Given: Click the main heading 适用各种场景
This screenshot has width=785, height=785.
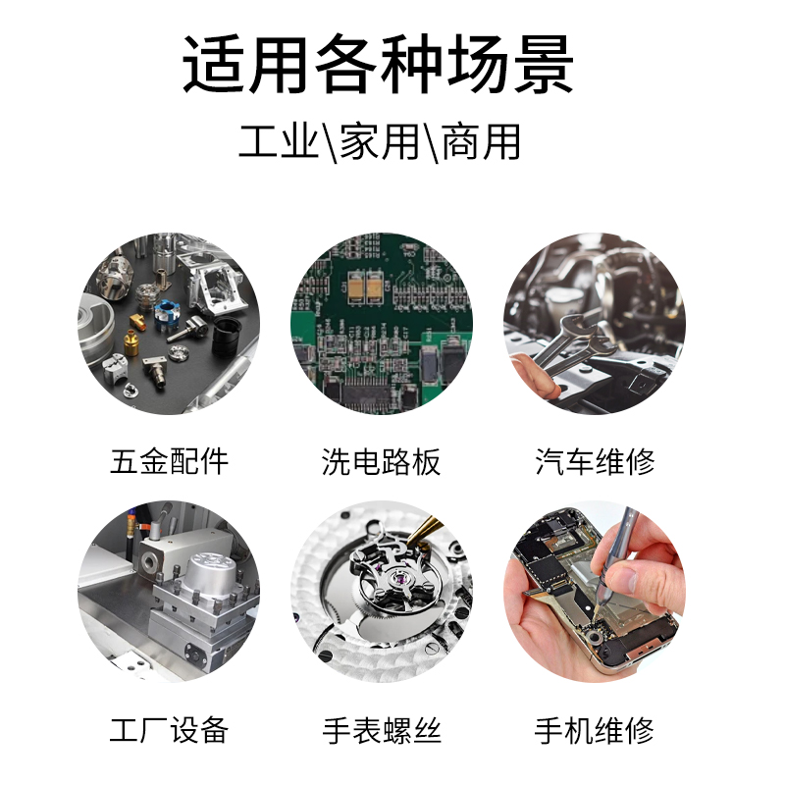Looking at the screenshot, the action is click(378, 64).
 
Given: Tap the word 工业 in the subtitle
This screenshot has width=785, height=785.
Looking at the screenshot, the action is click(279, 141).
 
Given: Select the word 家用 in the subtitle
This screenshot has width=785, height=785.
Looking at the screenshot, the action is click(380, 141).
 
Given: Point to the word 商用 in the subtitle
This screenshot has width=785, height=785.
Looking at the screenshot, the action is click(481, 141).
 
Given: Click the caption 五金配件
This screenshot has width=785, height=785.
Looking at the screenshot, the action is click(169, 461).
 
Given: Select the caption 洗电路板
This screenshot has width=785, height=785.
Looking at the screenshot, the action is click(381, 461).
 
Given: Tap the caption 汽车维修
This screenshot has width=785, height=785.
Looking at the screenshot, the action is click(595, 461).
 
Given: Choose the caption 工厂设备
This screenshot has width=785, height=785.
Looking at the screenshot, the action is click(169, 730).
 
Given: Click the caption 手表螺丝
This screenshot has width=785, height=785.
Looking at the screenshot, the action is click(382, 730).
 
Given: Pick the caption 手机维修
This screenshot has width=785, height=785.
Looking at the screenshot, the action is click(595, 730).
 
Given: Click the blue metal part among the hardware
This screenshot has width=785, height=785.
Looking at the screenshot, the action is click(167, 314).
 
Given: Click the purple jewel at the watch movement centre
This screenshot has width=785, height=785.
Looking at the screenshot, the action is click(400, 580).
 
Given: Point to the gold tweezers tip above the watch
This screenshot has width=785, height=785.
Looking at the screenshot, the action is click(409, 543).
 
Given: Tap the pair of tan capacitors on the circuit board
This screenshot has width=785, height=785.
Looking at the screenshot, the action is click(365, 287).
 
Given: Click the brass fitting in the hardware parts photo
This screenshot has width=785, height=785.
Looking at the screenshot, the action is click(131, 340).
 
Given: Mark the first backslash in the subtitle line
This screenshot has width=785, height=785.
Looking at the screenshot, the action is click(329, 143).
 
